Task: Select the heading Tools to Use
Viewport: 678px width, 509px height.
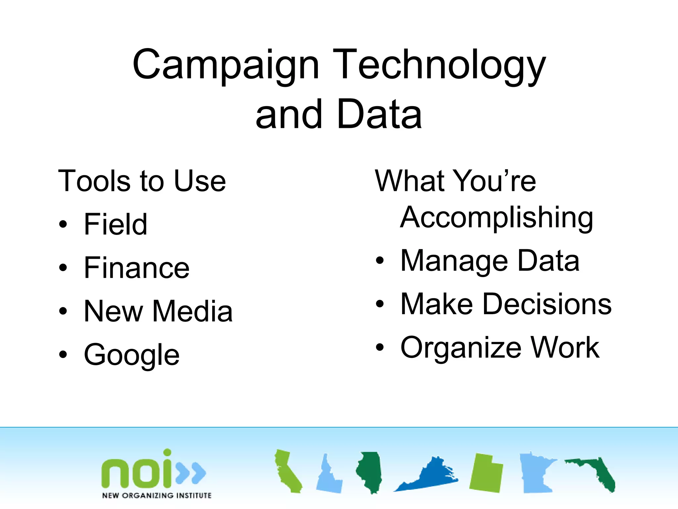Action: (142, 181)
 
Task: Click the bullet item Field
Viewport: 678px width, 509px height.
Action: (116, 224)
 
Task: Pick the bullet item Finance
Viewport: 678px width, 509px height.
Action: (137, 268)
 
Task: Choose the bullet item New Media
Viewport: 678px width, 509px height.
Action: (158, 311)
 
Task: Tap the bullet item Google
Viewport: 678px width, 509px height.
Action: (132, 355)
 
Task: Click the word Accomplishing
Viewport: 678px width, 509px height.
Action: (497, 218)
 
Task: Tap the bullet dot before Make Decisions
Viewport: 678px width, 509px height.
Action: (380, 304)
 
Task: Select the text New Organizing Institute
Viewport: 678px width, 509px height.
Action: (157, 495)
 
